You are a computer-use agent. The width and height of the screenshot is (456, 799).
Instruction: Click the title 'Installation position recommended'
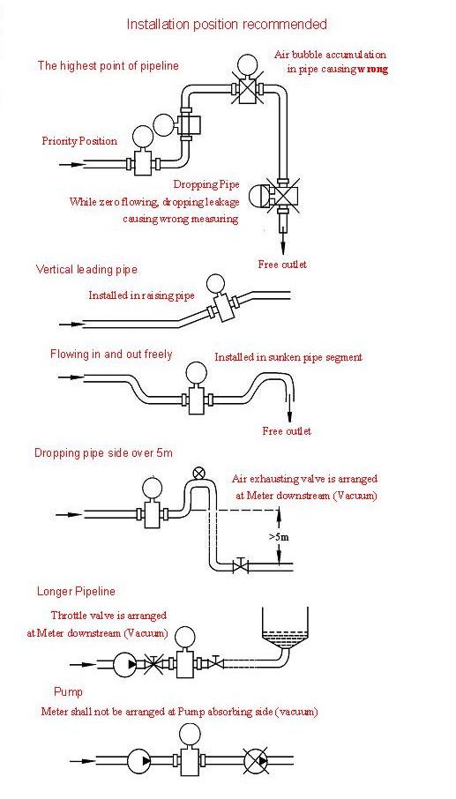coord(227,24)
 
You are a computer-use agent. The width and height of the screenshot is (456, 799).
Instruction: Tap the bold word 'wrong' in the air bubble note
coord(372,70)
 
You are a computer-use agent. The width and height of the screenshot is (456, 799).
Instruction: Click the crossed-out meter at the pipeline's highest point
coord(247,84)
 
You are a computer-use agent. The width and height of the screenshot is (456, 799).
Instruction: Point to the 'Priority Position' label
coord(79,141)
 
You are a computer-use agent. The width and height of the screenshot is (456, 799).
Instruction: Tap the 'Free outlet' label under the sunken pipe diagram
coord(287,431)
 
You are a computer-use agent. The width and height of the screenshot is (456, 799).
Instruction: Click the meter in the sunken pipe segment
coord(195,388)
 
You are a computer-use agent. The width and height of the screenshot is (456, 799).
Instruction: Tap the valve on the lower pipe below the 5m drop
coord(241,565)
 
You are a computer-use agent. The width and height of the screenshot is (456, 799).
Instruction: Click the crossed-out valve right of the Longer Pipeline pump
coord(153,664)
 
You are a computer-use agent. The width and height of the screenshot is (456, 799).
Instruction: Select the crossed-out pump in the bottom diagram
coord(258,761)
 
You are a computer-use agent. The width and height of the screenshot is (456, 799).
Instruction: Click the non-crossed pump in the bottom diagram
coord(140,761)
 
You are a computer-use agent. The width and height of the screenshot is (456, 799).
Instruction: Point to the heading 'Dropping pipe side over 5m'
coord(103,453)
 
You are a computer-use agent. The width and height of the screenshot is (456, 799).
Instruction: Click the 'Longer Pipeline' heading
coord(76,592)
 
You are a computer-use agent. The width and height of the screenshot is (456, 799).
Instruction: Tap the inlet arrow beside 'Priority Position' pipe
coord(71,165)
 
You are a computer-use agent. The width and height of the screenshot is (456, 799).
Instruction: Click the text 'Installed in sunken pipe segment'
coord(288,357)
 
